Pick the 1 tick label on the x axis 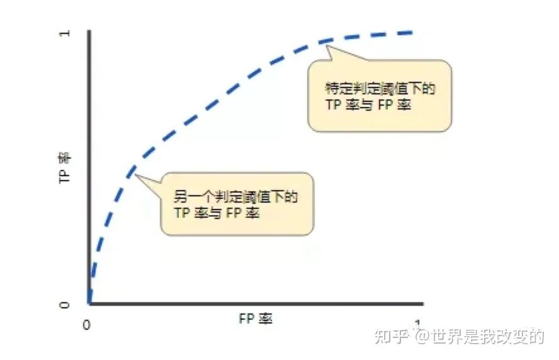(417, 323)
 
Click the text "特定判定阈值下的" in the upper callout (380, 89)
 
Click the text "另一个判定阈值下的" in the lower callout (235, 198)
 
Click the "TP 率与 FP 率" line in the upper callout (368, 105)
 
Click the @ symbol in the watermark (421, 337)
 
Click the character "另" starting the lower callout (180, 198)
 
